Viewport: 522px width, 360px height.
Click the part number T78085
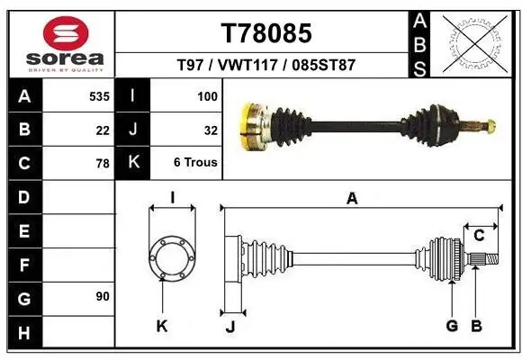[266, 33]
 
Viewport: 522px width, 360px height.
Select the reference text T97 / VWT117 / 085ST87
[266, 65]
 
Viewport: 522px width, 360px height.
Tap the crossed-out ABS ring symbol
[474, 42]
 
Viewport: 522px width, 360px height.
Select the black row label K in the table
[132, 164]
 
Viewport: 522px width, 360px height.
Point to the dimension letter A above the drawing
[352, 199]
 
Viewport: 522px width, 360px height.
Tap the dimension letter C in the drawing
[479, 236]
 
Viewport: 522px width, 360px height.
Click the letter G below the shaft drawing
[452, 326]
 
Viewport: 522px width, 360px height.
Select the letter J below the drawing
[229, 327]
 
